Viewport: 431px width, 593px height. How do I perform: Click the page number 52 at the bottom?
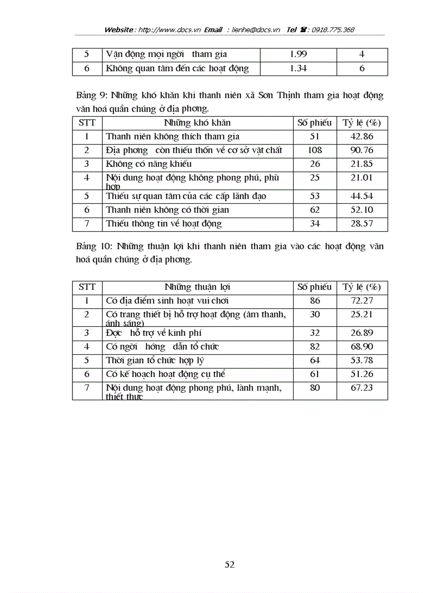click(x=230, y=564)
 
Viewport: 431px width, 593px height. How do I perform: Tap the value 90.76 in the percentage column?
click(x=362, y=150)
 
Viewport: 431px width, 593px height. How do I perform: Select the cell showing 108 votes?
click(x=314, y=150)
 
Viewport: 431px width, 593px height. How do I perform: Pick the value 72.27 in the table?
click(x=362, y=301)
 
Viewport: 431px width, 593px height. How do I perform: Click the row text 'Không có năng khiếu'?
click(x=148, y=164)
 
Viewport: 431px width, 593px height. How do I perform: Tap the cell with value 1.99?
click(x=298, y=54)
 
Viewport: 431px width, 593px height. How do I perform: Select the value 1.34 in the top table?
click(x=298, y=68)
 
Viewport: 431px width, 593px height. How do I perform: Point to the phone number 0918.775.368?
click(x=333, y=30)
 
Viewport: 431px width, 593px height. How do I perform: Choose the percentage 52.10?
click(x=362, y=210)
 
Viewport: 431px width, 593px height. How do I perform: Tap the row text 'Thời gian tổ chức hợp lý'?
click(x=155, y=361)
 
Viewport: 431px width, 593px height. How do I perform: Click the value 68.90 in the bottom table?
click(x=362, y=347)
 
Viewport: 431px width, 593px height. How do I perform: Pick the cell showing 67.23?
click(x=362, y=388)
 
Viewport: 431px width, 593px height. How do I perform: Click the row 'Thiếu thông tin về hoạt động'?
click(x=164, y=224)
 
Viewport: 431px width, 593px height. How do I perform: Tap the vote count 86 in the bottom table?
click(x=314, y=301)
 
